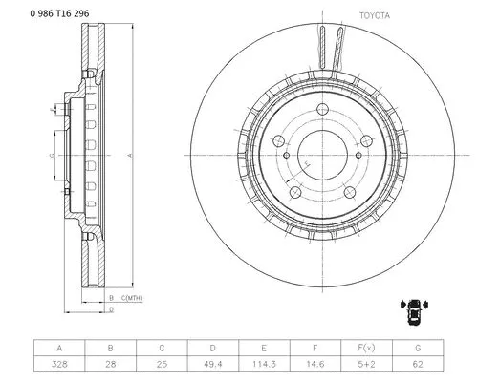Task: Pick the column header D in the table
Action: coord(211,349)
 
